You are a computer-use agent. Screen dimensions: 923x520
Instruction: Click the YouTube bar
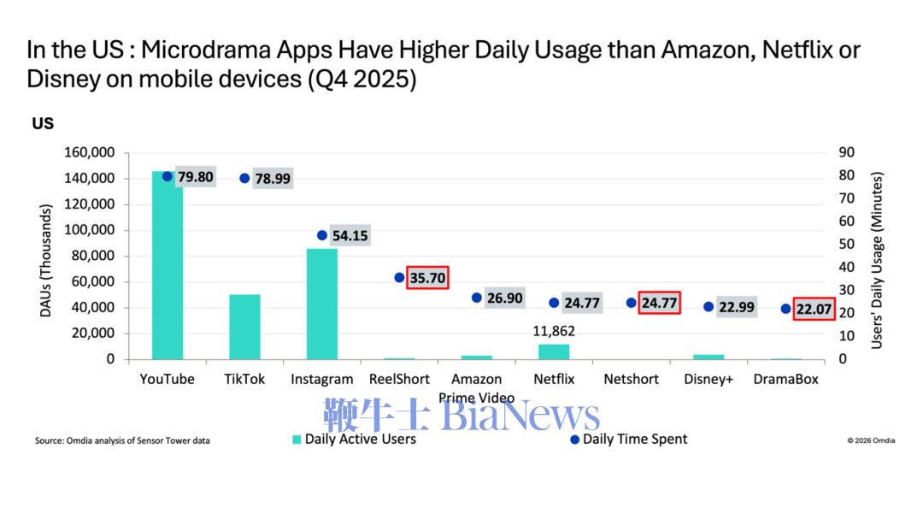pyautogui.click(x=168, y=265)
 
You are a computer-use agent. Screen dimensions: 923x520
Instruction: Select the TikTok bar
pyautogui.click(x=244, y=327)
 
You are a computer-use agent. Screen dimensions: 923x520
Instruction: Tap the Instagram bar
pyautogui.click(x=322, y=304)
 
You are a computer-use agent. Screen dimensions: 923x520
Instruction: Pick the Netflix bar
pyautogui.click(x=554, y=352)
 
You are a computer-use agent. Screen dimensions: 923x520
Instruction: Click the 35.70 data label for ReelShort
pyautogui.click(x=427, y=277)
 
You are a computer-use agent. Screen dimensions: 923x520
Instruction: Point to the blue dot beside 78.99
pyautogui.click(x=244, y=178)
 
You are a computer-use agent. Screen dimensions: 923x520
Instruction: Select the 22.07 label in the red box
pyautogui.click(x=814, y=309)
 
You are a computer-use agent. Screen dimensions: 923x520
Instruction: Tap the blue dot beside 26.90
pyautogui.click(x=477, y=298)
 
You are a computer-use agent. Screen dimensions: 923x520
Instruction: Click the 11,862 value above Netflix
pyautogui.click(x=554, y=331)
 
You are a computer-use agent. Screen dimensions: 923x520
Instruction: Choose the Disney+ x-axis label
pyautogui.click(x=708, y=379)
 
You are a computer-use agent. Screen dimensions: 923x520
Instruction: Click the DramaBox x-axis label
pyautogui.click(x=786, y=379)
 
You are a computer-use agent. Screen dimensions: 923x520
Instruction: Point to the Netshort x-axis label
pyautogui.click(x=631, y=379)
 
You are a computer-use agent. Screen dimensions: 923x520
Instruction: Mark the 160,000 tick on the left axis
pyautogui.click(x=89, y=152)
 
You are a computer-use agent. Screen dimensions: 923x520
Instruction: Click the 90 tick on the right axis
pyautogui.click(x=846, y=152)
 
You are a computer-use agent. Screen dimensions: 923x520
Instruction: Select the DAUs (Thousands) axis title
pyautogui.click(x=45, y=260)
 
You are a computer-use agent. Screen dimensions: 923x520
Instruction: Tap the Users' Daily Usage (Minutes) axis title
pyautogui.click(x=877, y=260)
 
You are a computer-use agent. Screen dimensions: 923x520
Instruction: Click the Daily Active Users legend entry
pyautogui.click(x=354, y=440)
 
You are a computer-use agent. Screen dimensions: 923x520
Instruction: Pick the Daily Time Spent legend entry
pyautogui.click(x=628, y=440)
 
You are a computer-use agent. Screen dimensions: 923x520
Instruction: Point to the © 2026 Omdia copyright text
pyautogui.click(x=871, y=440)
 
